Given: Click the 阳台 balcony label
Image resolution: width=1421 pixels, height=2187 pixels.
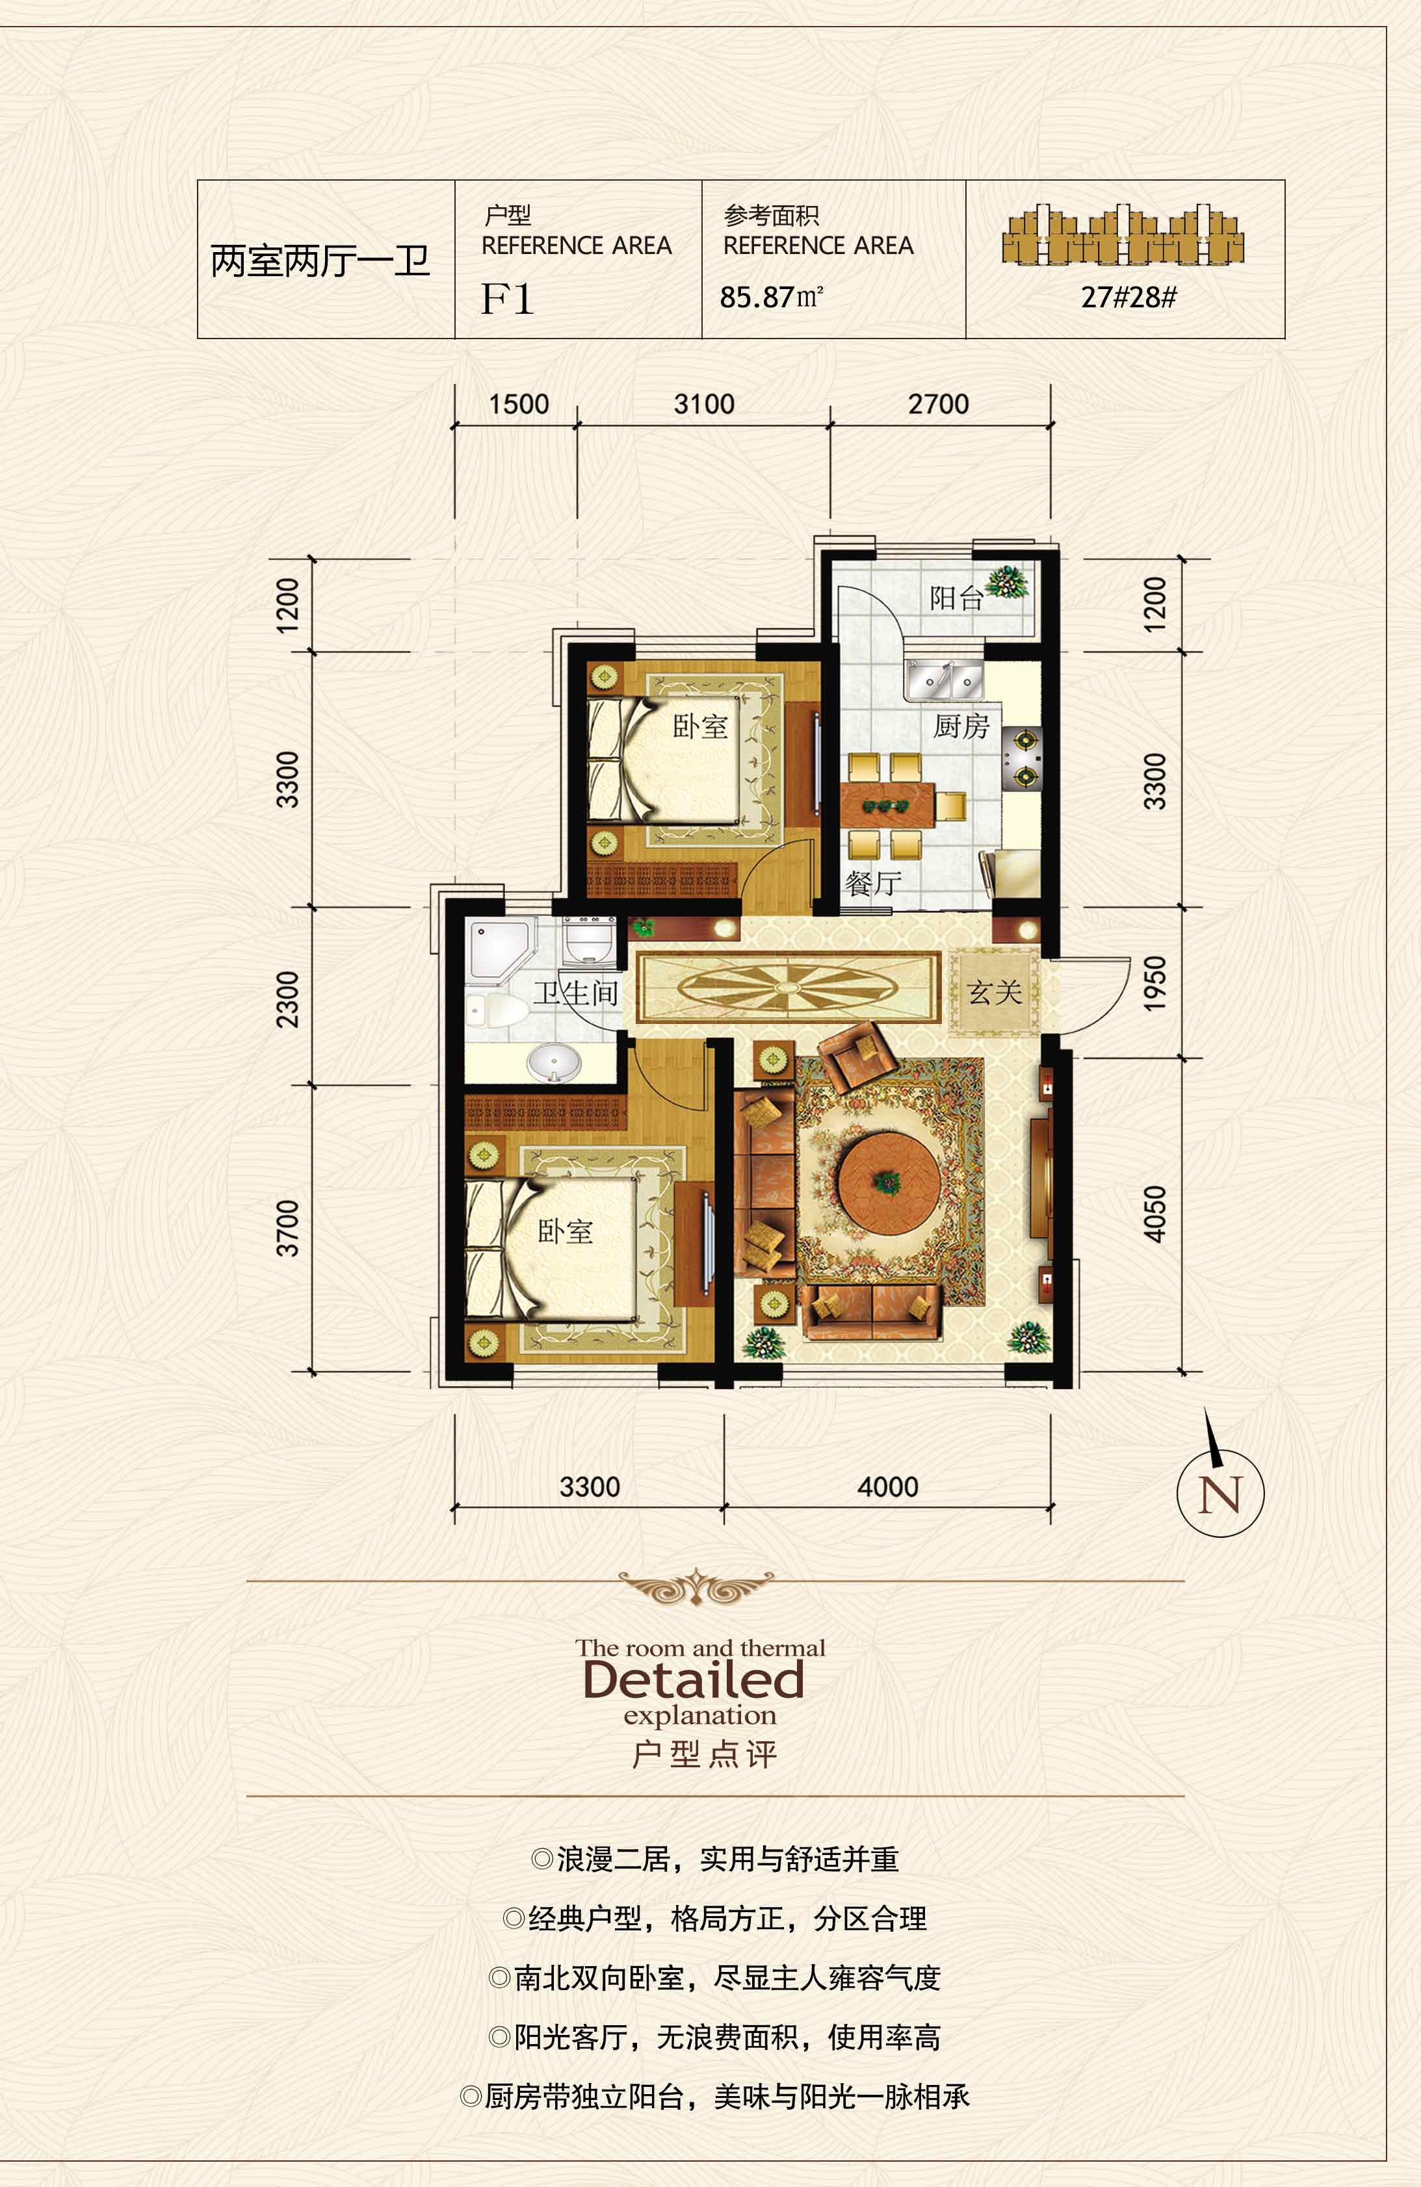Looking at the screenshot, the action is pyautogui.click(x=956, y=599).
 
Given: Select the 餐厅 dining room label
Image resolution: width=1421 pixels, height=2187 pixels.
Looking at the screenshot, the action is pyautogui.click(x=873, y=884).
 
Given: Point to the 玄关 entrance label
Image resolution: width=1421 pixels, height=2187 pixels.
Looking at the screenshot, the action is pyautogui.click(x=995, y=992).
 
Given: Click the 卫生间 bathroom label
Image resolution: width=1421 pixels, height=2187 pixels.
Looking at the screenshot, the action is pyautogui.click(x=577, y=992).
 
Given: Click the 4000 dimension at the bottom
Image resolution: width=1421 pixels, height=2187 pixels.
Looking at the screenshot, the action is pyautogui.click(x=888, y=1487).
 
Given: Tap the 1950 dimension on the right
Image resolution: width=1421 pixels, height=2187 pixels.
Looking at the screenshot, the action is pyautogui.click(x=1154, y=982).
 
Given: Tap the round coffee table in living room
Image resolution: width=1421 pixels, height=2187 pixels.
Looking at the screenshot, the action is pyautogui.click(x=889, y=1182).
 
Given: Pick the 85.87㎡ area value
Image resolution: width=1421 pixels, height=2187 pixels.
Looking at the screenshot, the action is pyautogui.click(x=771, y=297).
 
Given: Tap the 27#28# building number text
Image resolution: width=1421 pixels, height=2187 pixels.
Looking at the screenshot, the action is pyautogui.click(x=1128, y=297).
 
